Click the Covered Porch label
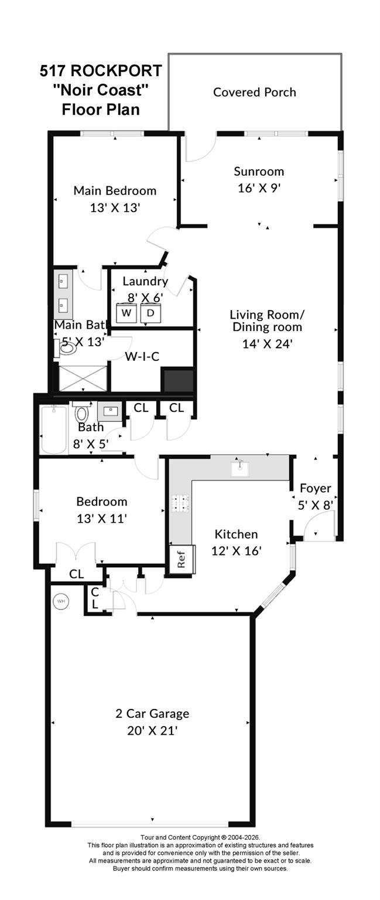click(254, 93)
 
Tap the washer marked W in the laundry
click(126, 313)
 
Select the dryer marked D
click(150, 313)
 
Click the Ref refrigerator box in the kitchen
click(182, 559)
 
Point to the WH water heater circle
click(61, 601)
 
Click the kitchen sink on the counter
click(240, 469)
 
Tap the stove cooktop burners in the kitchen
click(180, 503)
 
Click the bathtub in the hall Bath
click(53, 429)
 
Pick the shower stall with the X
click(83, 378)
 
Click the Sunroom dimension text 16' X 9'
click(259, 188)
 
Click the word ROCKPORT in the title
click(117, 71)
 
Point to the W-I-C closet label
click(143, 356)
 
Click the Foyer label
click(316, 489)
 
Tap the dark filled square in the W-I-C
click(177, 380)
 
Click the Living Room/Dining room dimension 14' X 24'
click(267, 344)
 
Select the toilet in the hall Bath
click(81, 411)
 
